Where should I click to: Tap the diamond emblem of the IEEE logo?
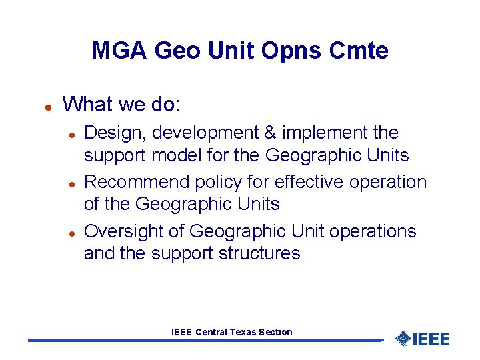(x=402, y=339)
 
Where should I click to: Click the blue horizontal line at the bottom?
(x=200, y=341)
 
